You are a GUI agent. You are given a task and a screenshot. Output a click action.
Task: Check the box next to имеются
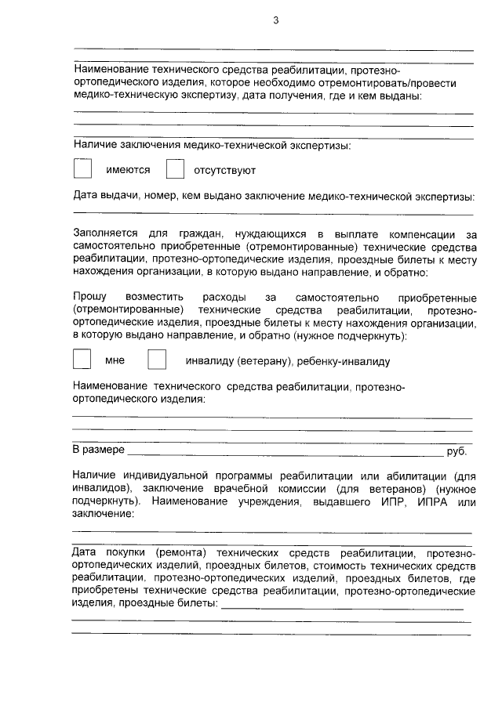point(82,169)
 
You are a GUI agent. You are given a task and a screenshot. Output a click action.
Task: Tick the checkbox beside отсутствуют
point(175,169)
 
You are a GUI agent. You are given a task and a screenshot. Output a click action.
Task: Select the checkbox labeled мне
point(82,360)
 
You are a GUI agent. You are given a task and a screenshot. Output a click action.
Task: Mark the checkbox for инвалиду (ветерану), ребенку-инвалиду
point(158,360)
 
